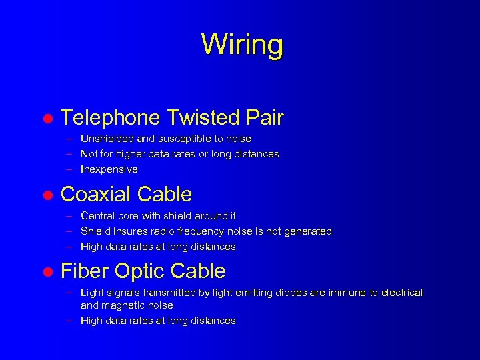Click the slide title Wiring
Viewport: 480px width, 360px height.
241,45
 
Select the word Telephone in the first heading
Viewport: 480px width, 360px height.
110,118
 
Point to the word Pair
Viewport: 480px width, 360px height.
265,118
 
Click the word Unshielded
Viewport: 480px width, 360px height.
109,139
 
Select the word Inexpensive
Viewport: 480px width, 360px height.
109,169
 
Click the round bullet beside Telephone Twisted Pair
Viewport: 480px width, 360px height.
47,119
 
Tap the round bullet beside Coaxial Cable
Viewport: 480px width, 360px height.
47,196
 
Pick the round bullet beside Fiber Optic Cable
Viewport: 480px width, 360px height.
47,273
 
